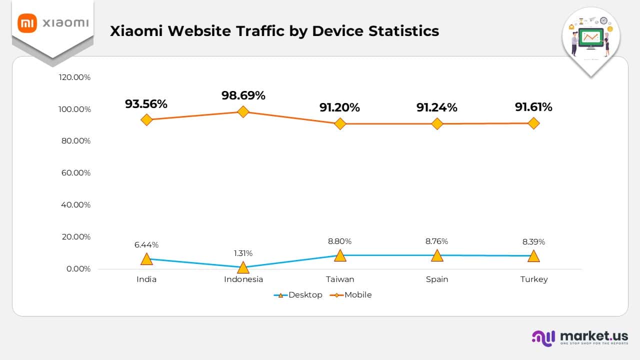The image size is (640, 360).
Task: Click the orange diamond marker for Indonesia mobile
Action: (243, 111)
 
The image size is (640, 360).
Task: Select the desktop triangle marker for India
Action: (146, 259)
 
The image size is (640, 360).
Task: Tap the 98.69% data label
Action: (243, 95)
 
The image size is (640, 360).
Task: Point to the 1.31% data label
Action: (243, 253)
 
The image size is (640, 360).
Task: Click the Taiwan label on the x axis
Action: (340, 279)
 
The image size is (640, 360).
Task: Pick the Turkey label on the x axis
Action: (533, 279)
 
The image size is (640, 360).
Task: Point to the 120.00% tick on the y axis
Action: (74, 77)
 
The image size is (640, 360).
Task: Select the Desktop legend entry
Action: (298, 295)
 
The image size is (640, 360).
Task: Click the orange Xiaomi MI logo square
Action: (27, 23)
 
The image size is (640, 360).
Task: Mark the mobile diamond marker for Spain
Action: (437, 123)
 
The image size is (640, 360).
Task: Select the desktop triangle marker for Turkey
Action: (533, 256)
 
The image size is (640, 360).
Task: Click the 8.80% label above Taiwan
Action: (340, 241)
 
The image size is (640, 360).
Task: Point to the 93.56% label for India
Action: (146, 104)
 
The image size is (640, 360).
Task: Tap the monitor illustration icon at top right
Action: (591, 38)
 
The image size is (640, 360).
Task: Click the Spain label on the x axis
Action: (437, 279)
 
